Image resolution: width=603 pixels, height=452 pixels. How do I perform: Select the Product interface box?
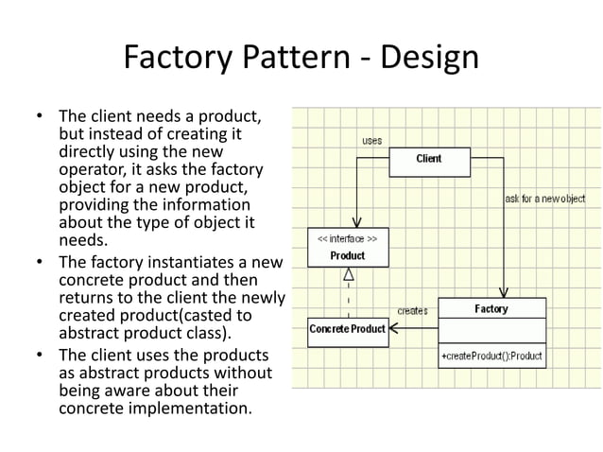pyautogui.click(x=348, y=248)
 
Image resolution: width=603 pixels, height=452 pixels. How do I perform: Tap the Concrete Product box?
pyautogui.click(x=348, y=329)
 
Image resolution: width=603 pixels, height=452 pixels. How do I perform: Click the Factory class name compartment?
pyautogui.click(x=491, y=308)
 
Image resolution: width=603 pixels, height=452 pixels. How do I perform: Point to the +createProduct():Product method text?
pyautogui.click(x=491, y=356)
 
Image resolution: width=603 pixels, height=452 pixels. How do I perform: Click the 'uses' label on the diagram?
pyautogui.click(x=372, y=141)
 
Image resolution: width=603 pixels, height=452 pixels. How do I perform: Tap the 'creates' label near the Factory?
pyautogui.click(x=412, y=310)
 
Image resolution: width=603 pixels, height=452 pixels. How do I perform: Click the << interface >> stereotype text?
pyautogui.click(x=348, y=239)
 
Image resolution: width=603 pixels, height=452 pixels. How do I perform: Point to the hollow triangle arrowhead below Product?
pyautogui.click(x=348, y=274)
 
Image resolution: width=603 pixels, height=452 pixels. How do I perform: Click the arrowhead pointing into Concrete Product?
pyautogui.click(x=396, y=329)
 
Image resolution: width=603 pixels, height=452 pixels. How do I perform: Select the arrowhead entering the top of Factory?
pyautogui.click(x=504, y=291)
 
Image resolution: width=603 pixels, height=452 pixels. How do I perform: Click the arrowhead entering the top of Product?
pyautogui.click(x=356, y=222)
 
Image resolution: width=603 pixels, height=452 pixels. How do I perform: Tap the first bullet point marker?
pyautogui.click(x=40, y=118)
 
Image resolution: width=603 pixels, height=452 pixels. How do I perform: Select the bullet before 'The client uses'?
pyautogui.click(x=40, y=356)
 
